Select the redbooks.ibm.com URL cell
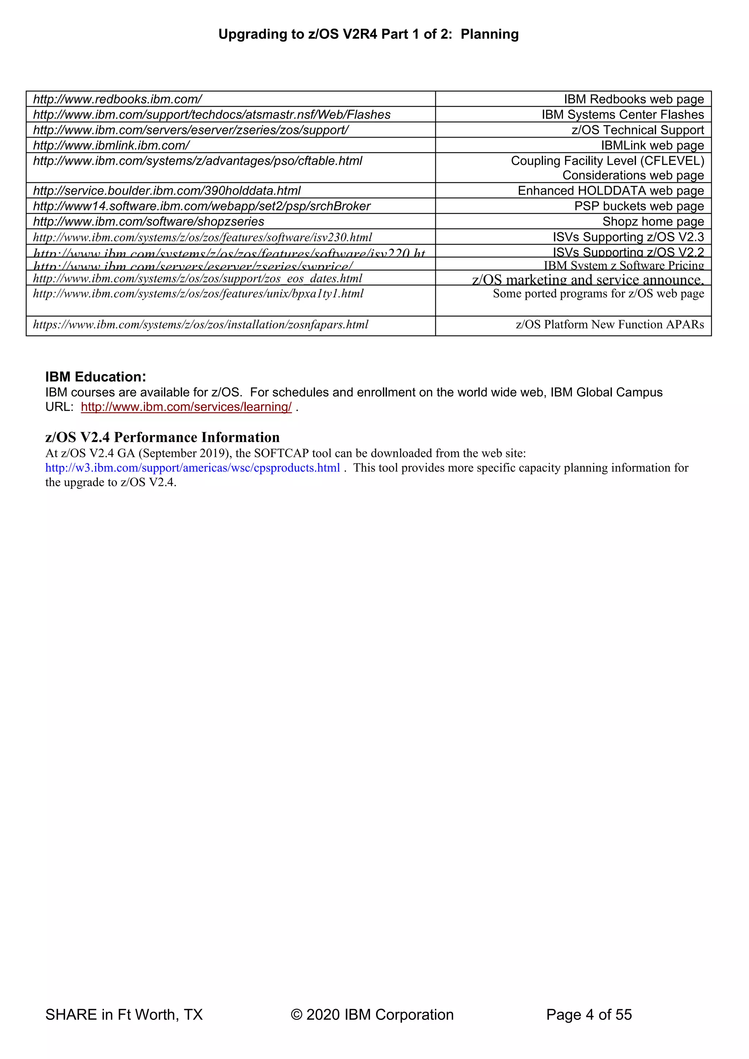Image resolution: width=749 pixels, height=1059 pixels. [x=118, y=99]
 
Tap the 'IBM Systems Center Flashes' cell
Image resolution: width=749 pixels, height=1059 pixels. [x=622, y=114]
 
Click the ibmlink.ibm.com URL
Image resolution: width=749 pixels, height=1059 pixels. [x=111, y=145]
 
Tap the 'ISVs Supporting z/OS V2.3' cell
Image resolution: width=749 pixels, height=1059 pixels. [x=628, y=237]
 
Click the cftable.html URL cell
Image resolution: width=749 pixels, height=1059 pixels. [x=197, y=161]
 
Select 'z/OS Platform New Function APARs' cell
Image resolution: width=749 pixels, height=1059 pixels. [x=610, y=325]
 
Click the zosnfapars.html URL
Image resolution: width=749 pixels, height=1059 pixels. [x=201, y=325]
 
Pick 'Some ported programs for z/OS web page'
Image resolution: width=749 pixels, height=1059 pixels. [x=598, y=294]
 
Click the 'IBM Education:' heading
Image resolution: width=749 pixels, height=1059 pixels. [x=95, y=377]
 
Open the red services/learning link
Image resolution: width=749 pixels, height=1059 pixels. [x=186, y=407]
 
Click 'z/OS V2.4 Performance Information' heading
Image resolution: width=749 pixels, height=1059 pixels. [x=162, y=437]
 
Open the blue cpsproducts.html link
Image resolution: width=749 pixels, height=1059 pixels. [x=192, y=468]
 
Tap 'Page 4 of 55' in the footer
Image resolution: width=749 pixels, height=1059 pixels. [x=588, y=1015]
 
